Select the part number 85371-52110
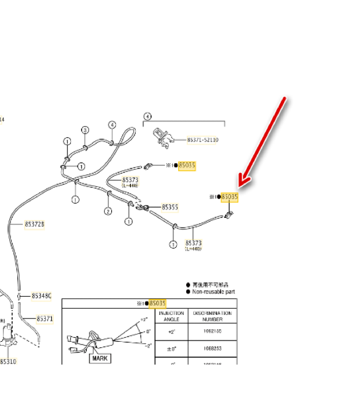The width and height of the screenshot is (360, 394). click(x=203, y=140)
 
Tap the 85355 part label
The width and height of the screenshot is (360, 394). click(x=170, y=207)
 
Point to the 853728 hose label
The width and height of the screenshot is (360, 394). click(x=35, y=224)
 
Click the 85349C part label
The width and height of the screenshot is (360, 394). click(x=41, y=296)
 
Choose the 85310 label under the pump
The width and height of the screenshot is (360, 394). click(x=8, y=361)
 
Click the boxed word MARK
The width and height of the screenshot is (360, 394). click(x=100, y=358)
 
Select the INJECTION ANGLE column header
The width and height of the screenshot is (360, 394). click(x=171, y=316)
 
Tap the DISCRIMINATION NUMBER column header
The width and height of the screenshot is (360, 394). click(x=212, y=316)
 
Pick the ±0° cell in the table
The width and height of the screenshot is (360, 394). click(x=171, y=349)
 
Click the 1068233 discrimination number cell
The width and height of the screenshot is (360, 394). click(x=212, y=349)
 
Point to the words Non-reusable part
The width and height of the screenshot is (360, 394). click(x=213, y=291)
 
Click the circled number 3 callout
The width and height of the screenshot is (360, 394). click(x=85, y=130)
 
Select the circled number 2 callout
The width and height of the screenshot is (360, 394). click(x=108, y=211)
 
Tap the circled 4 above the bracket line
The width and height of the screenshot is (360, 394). click(x=148, y=116)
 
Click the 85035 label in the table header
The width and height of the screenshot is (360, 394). click(x=157, y=304)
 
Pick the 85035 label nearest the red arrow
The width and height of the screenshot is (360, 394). click(x=229, y=197)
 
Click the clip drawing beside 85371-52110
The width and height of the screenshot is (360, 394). click(x=163, y=137)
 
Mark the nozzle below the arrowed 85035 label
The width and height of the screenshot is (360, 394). click(x=228, y=215)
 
